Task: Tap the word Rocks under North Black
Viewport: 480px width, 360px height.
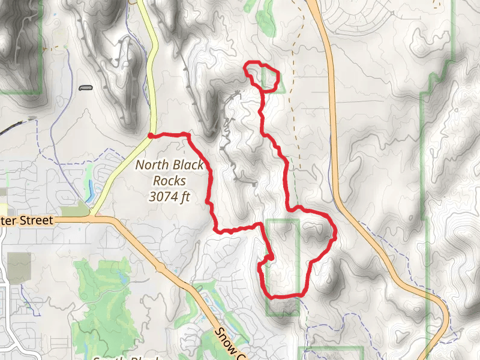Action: click(x=169, y=180)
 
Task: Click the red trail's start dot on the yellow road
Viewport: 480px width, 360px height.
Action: click(x=150, y=136)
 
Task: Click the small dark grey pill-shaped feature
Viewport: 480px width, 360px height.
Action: click(x=86, y=88)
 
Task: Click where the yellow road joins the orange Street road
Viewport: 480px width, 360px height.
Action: click(x=93, y=216)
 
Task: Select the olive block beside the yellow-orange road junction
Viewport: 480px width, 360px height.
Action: click(x=74, y=208)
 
